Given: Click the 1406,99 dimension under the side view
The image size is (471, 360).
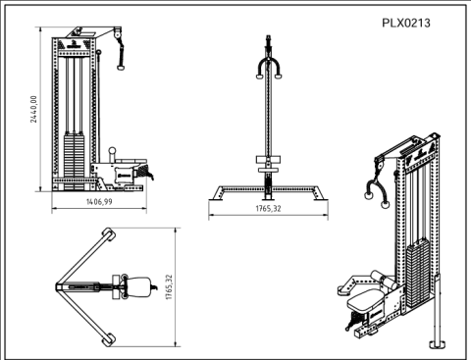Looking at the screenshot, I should click(96, 202).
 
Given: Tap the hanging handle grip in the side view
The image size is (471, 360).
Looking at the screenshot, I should click(122, 63).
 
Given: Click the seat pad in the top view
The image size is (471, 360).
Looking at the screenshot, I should click(137, 287).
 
